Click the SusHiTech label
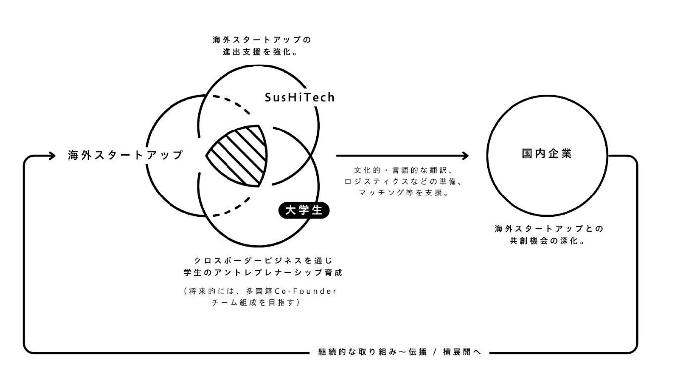pos(299,97)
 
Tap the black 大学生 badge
pos(304,210)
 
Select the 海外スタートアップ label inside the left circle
pos(125,155)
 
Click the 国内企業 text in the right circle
pos(547,153)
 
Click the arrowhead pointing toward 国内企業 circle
pos(465,156)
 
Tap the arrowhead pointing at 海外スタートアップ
pos(52,156)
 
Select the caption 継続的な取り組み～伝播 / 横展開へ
pos(398,353)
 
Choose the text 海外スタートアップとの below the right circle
pos(548,229)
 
